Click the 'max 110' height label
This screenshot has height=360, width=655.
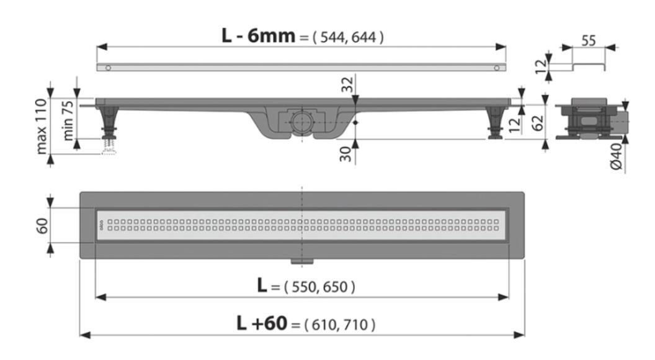pyautogui.click(x=42, y=126)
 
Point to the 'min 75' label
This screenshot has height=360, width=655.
pyautogui.click(x=68, y=120)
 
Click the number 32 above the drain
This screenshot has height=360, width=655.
pyautogui.click(x=347, y=84)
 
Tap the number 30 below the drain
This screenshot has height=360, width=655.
pyautogui.click(x=345, y=155)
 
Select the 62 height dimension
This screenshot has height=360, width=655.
pyautogui.click(x=538, y=123)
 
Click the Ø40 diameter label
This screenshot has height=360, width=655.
pyautogui.click(x=617, y=156)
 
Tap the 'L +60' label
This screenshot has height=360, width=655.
pyautogui.click(x=262, y=323)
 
